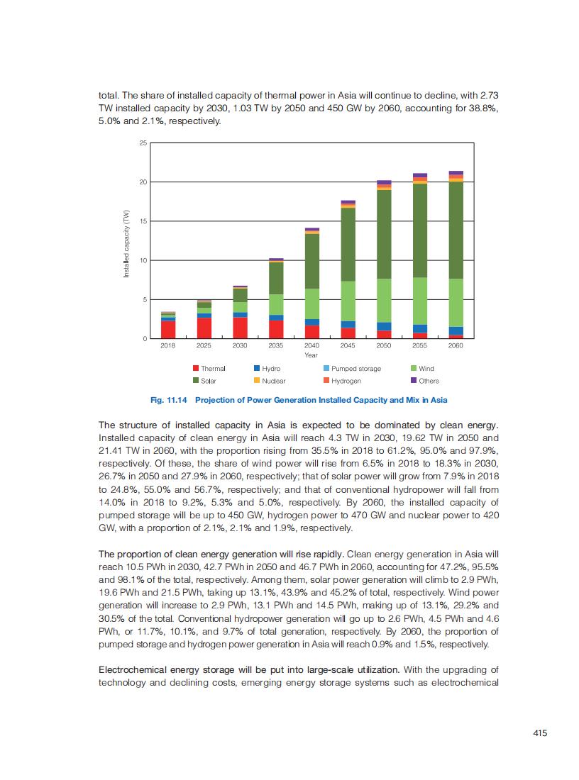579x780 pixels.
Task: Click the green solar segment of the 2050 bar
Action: coord(384,234)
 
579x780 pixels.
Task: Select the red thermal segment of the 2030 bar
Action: coord(240,328)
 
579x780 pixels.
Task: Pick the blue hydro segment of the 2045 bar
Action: coord(348,324)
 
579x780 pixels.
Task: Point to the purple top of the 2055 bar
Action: coord(420,175)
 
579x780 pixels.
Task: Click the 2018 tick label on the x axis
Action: coord(167,345)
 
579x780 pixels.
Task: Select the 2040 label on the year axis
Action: coord(311,345)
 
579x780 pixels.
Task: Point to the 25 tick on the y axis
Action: coord(142,144)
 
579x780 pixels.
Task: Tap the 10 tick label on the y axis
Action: coord(142,261)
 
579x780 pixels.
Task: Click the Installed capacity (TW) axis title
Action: coord(126,243)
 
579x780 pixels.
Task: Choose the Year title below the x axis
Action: coord(311,355)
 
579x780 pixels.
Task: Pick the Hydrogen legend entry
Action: coord(346,381)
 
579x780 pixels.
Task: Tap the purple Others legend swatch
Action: coord(414,380)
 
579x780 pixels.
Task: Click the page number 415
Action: coord(540,733)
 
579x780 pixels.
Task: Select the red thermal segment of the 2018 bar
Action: coord(168,330)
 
